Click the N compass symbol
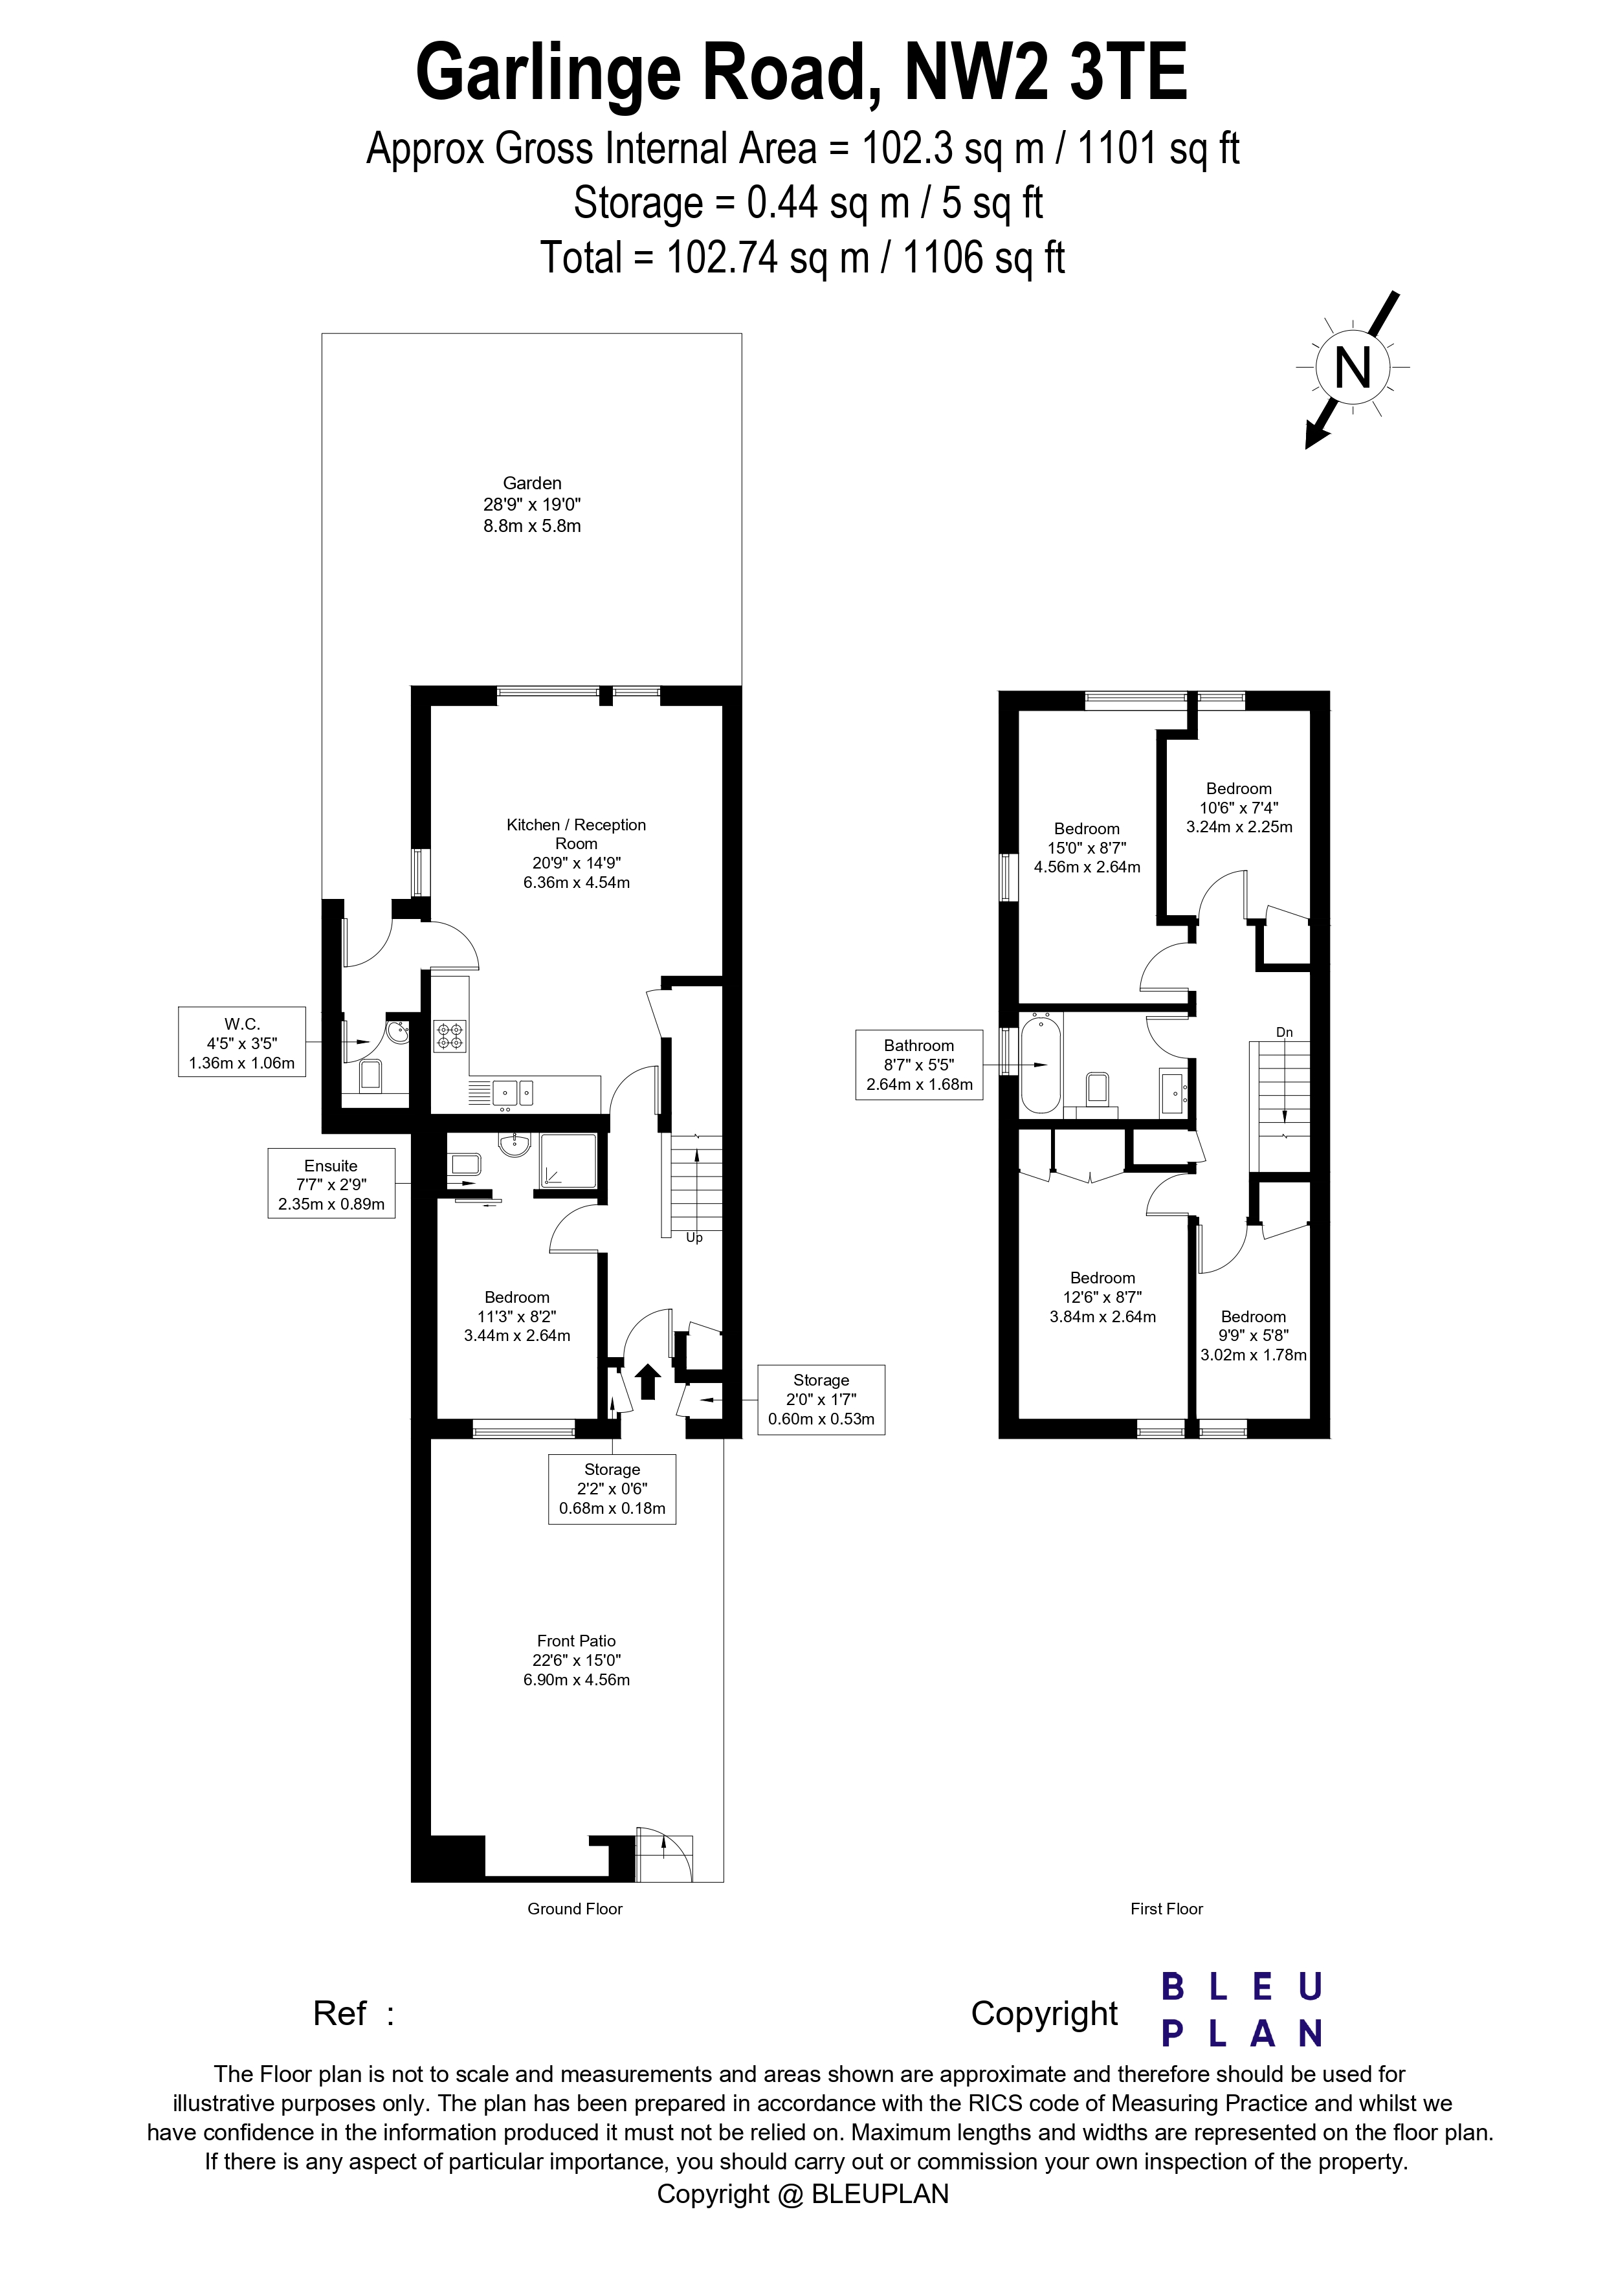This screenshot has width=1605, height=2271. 1352,368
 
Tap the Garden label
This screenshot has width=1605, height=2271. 532,504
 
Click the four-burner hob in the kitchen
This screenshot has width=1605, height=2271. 450,1036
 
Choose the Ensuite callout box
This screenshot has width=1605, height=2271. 331,1184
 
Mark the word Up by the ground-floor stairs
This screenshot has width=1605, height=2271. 694,1237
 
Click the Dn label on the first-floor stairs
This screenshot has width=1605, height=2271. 1283,1032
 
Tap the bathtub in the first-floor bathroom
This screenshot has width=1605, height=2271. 1040,1063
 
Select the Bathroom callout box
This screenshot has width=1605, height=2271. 919,1064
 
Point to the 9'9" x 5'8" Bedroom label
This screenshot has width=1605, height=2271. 1253,1335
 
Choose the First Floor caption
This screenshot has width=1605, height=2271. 1166,1909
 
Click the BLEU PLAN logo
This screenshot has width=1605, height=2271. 1241,2011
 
